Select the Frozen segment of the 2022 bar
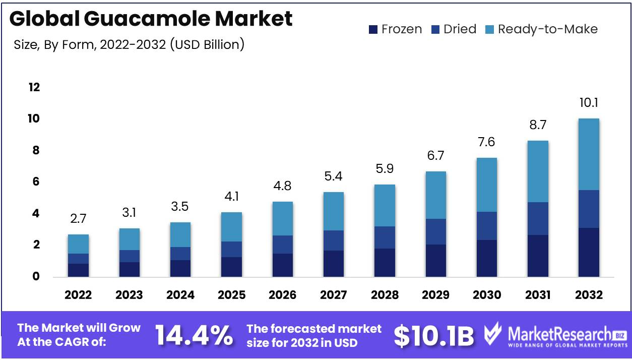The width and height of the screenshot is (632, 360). (78, 270)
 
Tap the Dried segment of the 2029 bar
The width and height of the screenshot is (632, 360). (435, 231)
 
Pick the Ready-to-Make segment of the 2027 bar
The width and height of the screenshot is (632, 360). (334, 211)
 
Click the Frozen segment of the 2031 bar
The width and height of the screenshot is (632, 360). (538, 256)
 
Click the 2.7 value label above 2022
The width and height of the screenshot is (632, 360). (78, 219)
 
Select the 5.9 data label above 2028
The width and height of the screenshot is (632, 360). (385, 169)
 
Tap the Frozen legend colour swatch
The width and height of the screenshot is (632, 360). (373, 29)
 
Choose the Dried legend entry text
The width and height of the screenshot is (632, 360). (460, 29)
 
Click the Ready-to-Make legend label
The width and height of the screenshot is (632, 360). (547, 29)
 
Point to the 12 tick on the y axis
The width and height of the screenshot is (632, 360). (34, 87)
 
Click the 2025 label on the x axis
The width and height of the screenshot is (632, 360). (231, 295)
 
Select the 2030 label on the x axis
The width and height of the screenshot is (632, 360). (487, 295)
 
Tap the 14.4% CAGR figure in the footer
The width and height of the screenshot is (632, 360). (194, 335)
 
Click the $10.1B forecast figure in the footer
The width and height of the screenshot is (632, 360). (433, 335)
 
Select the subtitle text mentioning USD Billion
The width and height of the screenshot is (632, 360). (130, 44)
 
